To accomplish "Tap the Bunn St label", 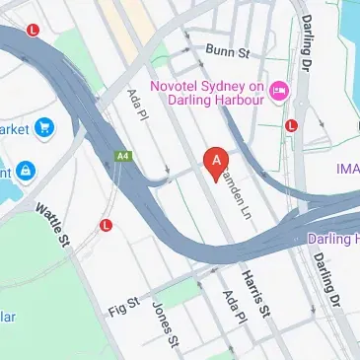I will click(x=226, y=49).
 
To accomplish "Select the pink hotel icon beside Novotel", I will click(x=279, y=91).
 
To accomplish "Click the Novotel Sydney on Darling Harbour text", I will click(x=207, y=90).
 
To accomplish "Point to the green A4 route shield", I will click(x=123, y=156).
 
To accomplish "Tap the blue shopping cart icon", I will click(x=44, y=127).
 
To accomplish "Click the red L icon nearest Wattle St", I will click(x=107, y=225).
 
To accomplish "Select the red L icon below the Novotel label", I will click(x=291, y=125).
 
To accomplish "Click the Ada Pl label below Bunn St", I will click(x=137, y=106).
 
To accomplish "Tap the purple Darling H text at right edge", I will click(x=333, y=239).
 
